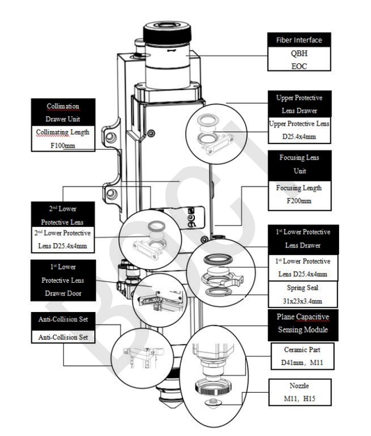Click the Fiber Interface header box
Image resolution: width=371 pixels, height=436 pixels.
[x=299, y=40]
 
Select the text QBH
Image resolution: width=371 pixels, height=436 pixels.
[x=299, y=53]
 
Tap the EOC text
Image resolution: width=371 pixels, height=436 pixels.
[x=299, y=66]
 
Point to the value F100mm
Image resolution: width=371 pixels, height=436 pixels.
[x=63, y=145]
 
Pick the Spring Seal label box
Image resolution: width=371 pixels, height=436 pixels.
[x=303, y=294]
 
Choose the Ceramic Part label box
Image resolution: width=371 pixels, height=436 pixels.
[x=302, y=356]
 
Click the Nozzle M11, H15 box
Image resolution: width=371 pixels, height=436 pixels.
[x=300, y=392]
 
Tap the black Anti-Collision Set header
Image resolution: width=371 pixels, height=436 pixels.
[x=63, y=319]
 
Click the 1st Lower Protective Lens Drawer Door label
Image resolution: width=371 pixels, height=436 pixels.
[x=63, y=280]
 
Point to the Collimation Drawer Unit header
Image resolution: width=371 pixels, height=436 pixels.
[x=63, y=112]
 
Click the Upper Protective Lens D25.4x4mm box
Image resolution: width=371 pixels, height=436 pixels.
[x=299, y=130]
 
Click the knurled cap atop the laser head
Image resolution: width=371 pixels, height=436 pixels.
[x=167, y=33]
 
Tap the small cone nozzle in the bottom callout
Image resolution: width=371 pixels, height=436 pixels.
[x=213, y=403]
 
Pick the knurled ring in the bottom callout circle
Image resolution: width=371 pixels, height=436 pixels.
[x=214, y=388]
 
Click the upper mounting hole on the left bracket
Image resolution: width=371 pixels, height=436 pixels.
[x=111, y=137]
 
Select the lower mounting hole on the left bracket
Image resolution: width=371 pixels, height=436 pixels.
[x=111, y=194]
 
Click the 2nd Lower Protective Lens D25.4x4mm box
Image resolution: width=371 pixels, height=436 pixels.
[x=63, y=240]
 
